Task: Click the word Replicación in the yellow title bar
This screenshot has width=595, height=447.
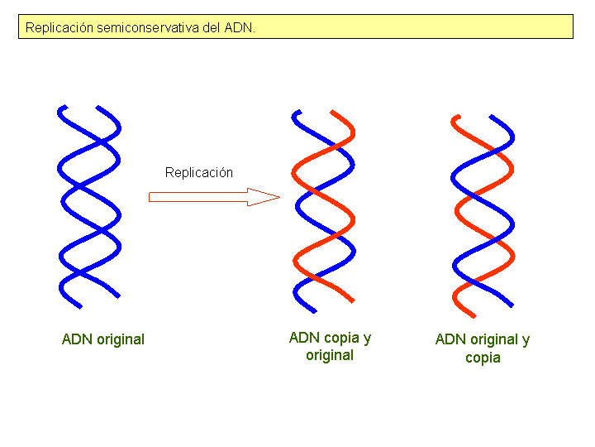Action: (59, 27)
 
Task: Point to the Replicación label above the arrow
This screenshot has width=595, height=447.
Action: (199, 173)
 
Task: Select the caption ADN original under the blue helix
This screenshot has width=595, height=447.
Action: (103, 339)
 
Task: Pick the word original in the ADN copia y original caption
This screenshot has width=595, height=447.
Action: (330, 356)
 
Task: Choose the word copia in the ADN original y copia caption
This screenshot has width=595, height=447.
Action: (483, 358)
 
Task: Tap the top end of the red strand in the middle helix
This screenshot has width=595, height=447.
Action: (332, 112)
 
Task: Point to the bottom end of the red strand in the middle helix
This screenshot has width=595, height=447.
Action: (352, 300)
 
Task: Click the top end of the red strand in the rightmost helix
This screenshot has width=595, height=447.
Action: (454, 118)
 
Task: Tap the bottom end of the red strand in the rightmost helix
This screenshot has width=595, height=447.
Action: (473, 315)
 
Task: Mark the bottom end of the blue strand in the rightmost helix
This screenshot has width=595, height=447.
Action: (514, 305)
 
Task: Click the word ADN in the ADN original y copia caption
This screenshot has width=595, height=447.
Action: (450, 339)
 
